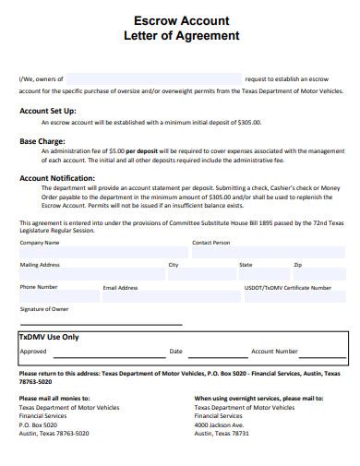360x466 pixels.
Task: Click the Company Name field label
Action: pyautogui.click(x=39, y=243)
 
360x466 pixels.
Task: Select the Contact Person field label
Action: pyautogui.click(x=210, y=243)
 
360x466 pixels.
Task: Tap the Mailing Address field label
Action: pyautogui.click(x=41, y=265)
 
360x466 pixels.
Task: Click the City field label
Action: pyautogui.click(x=173, y=265)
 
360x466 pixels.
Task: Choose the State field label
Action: pyautogui.click(x=246, y=265)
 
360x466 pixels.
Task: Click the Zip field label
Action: pyautogui.click(x=297, y=265)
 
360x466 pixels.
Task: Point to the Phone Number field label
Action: pyautogui.click(x=39, y=287)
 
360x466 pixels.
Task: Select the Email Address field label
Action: pyautogui.click(x=120, y=287)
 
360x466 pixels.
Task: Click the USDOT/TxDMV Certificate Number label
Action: pyautogui.click(x=287, y=287)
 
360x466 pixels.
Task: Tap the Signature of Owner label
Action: pyautogui.click(x=44, y=308)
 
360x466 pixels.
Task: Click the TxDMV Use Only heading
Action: pyautogui.click(x=49, y=337)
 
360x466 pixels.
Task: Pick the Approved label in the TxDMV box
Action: pyautogui.click(x=33, y=351)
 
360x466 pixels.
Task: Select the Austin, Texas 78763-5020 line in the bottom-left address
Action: pyautogui.click(x=54, y=433)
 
